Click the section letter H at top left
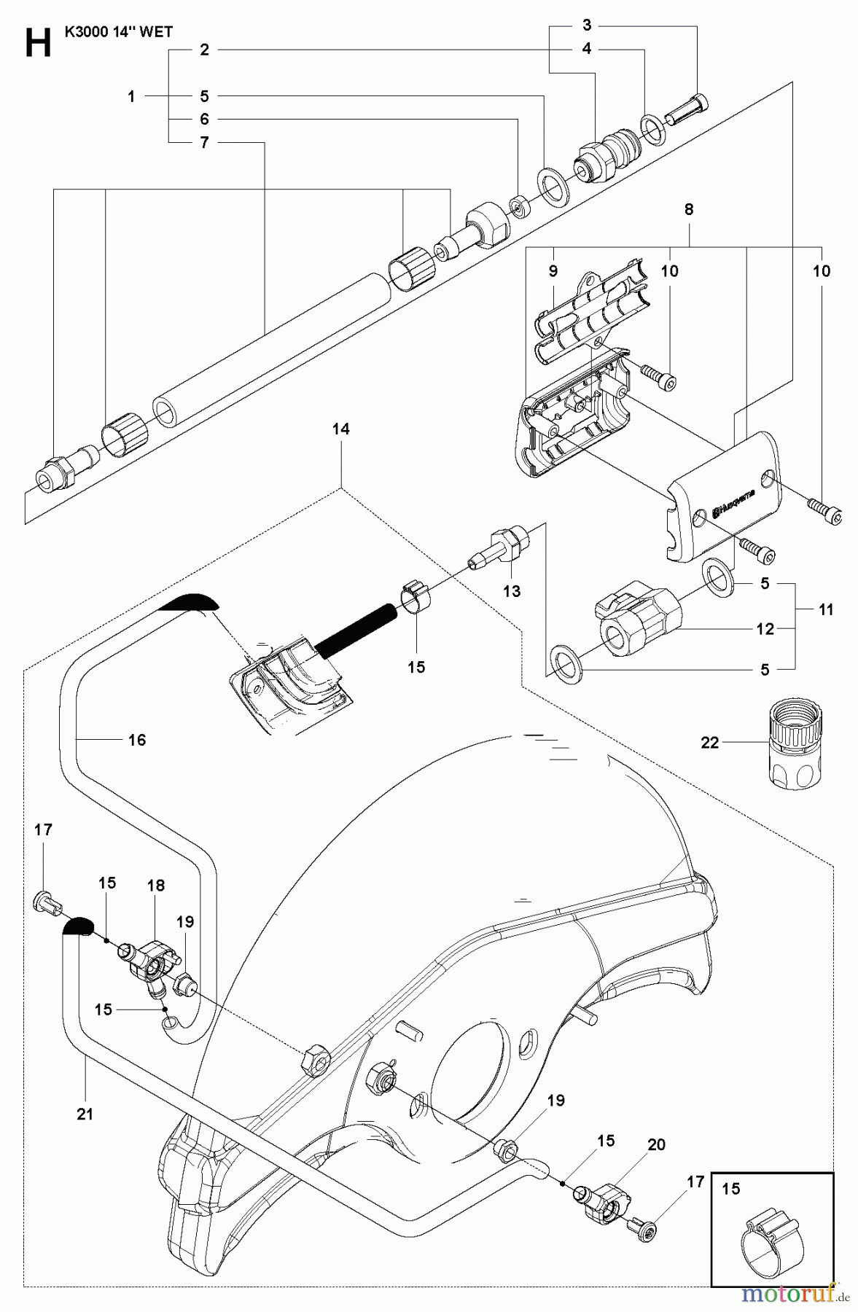pyautogui.click(x=38, y=43)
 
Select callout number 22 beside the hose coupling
pyautogui.click(x=709, y=743)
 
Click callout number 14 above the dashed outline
pyautogui.click(x=340, y=429)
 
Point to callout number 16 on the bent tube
pyautogui.click(x=137, y=740)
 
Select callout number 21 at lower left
pyautogui.click(x=85, y=1114)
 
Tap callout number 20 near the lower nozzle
pyautogui.click(x=656, y=1145)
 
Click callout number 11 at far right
pyautogui.click(x=825, y=609)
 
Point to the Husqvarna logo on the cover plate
pyautogui.click(x=736, y=502)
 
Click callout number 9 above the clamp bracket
pyautogui.click(x=553, y=271)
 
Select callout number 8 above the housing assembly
pyautogui.click(x=688, y=209)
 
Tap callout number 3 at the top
pyautogui.click(x=587, y=26)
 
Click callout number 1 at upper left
pyautogui.click(x=131, y=95)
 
